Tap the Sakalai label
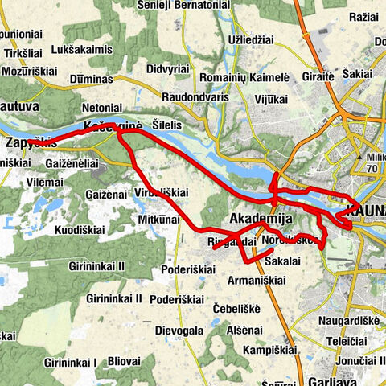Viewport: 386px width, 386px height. pyautogui.click(x=280, y=261)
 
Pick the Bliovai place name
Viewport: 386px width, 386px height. pyautogui.click(x=122, y=362)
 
